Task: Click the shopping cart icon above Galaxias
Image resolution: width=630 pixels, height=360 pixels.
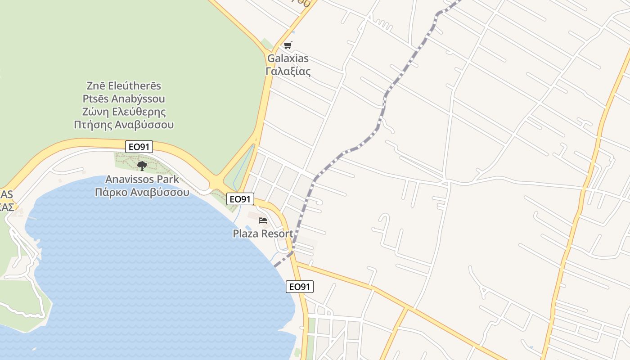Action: click(288, 45)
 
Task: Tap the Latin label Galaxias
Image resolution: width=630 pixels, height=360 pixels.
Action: click(288, 58)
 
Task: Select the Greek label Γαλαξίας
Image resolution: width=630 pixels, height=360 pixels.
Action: click(288, 71)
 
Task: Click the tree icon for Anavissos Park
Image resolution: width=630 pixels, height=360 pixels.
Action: click(142, 166)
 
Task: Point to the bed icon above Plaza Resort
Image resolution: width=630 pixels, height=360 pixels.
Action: click(263, 220)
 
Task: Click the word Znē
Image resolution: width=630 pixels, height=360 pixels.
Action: click(96, 85)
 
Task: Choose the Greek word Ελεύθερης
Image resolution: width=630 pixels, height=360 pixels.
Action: click(139, 112)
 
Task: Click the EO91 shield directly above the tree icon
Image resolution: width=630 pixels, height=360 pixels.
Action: click(139, 146)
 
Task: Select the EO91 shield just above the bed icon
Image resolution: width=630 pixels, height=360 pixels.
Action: click(240, 199)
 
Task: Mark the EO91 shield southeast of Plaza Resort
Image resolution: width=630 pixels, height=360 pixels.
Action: click(300, 286)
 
